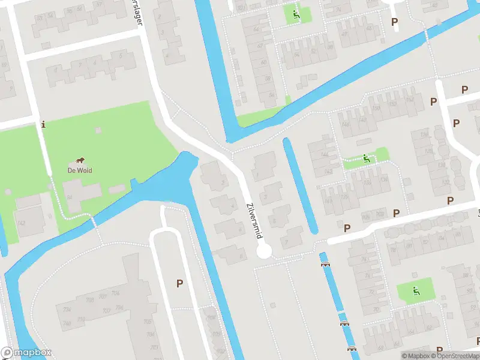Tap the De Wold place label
point(79,170)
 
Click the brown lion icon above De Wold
point(79,161)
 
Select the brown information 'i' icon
point(43,125)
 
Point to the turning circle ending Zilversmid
point(264,251)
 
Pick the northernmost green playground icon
point(295,14)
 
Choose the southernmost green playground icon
point(415,291)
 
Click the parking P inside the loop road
point(179,283)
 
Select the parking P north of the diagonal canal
point(394,22)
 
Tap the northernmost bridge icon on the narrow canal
point(325,263)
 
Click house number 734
point(66,309)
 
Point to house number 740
point(65,323)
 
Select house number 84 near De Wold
point(69,197)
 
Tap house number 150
point(377,108)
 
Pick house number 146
point(345,124)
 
